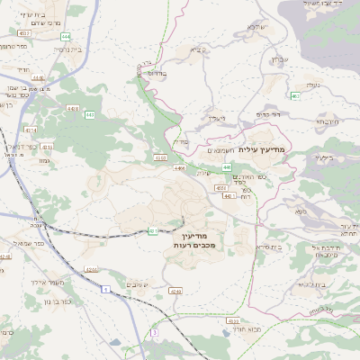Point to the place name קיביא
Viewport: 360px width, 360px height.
pyautogui.click(x=200, y=49)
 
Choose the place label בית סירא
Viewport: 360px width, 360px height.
pyautogui.click(x=267, y=246)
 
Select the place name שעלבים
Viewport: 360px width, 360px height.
pyautogui.click(x=133, y=284)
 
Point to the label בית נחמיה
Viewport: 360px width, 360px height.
pyautogui.click(x=67, y=50)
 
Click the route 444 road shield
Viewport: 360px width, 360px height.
pyautogui.click(x=67, y=36)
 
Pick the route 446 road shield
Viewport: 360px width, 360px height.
pyautogui.click(x=227, y=166)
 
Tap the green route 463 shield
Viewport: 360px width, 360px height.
pyautogui.click(x=295, y=95)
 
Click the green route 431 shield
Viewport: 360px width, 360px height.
pyautogui.click(x=154, y=230)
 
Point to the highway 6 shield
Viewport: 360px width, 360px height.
pyautogui.click(x=105, y=289)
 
